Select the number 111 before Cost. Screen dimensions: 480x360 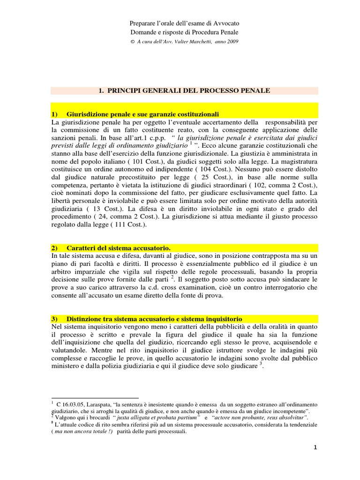pyautogui.click(x=119, y=225)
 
